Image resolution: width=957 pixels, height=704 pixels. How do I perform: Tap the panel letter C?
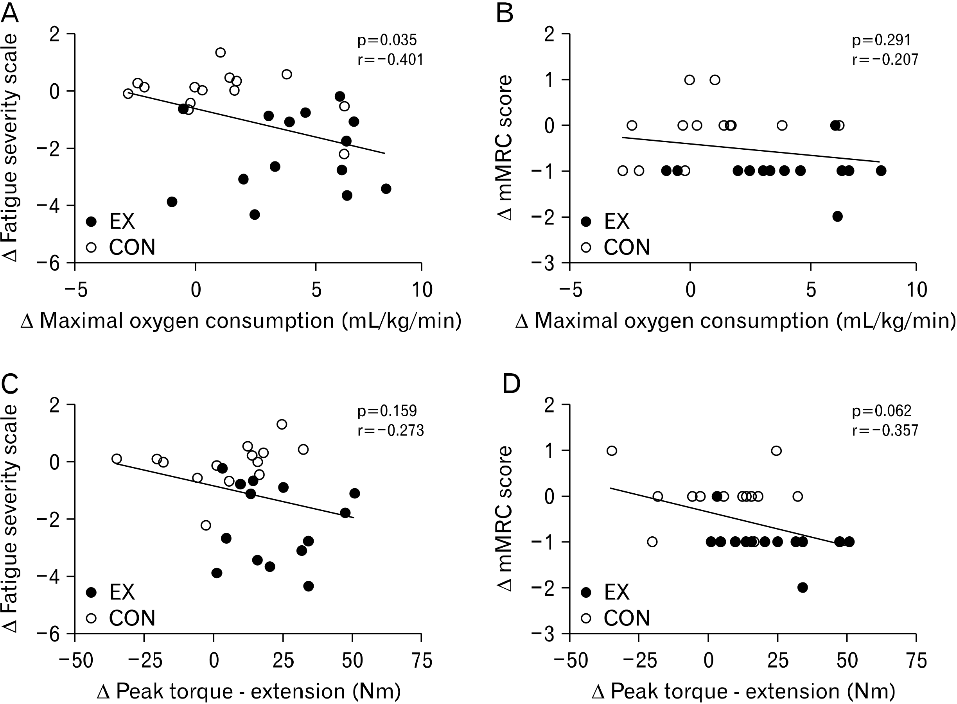tap(10, 383)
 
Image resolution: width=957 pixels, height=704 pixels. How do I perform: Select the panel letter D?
tap(511, 383)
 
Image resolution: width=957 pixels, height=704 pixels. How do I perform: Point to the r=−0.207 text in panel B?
tap(885, 60)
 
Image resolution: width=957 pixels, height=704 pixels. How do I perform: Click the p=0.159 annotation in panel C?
tap(387, 411)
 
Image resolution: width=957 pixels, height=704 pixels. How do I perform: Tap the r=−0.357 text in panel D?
tap(885, 430)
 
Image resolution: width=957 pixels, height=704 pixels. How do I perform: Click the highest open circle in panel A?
tap(221, 52)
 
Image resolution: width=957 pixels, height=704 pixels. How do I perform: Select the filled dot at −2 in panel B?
tap(837, 216)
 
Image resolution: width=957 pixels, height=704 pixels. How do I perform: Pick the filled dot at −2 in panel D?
tap(803, 587)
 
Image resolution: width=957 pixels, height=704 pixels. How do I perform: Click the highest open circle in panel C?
tap(282, 424)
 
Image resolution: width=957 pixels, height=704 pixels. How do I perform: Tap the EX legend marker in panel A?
tap(91, 222)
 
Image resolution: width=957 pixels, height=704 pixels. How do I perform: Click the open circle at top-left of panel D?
tap(612, 450)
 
